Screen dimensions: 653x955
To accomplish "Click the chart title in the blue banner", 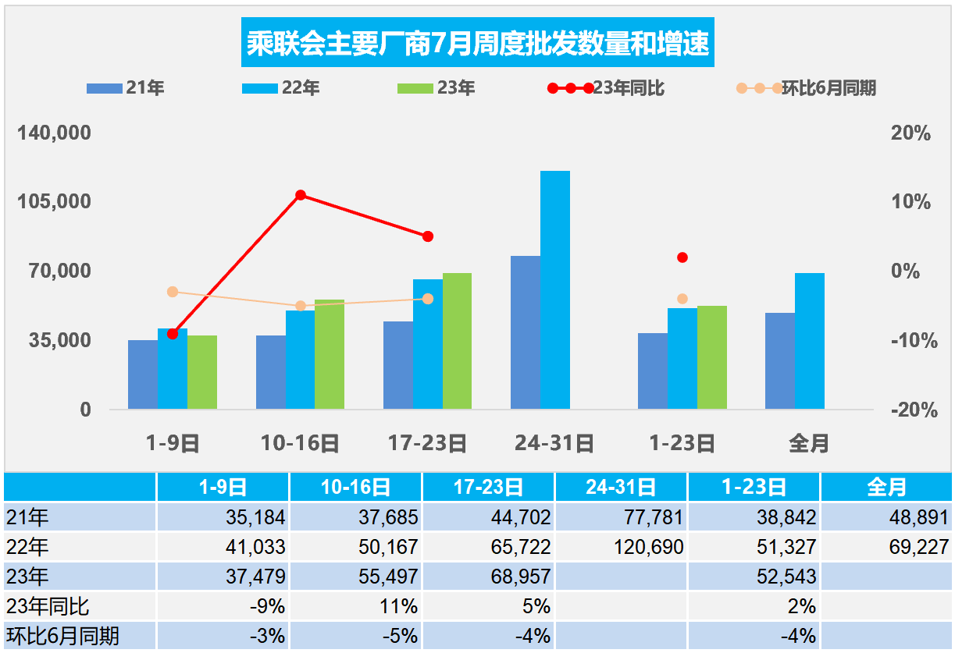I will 477,44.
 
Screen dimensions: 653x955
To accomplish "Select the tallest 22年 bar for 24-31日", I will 555,289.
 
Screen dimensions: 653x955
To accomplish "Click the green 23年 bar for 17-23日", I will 457,341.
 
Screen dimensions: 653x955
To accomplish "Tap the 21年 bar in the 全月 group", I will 779,360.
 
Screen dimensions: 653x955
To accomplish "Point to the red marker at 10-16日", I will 300,195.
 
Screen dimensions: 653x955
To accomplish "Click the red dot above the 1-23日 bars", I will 682,257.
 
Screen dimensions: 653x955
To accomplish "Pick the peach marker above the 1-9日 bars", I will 173,292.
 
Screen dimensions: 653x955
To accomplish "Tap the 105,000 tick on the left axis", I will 55,202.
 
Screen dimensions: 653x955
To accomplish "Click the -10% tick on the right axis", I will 910,341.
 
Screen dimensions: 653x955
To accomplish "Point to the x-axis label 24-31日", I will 554,444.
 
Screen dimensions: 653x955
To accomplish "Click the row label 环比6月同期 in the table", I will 62,636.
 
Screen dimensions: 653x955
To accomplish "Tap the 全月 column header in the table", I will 886,488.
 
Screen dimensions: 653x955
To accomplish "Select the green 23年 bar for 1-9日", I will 202,371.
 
